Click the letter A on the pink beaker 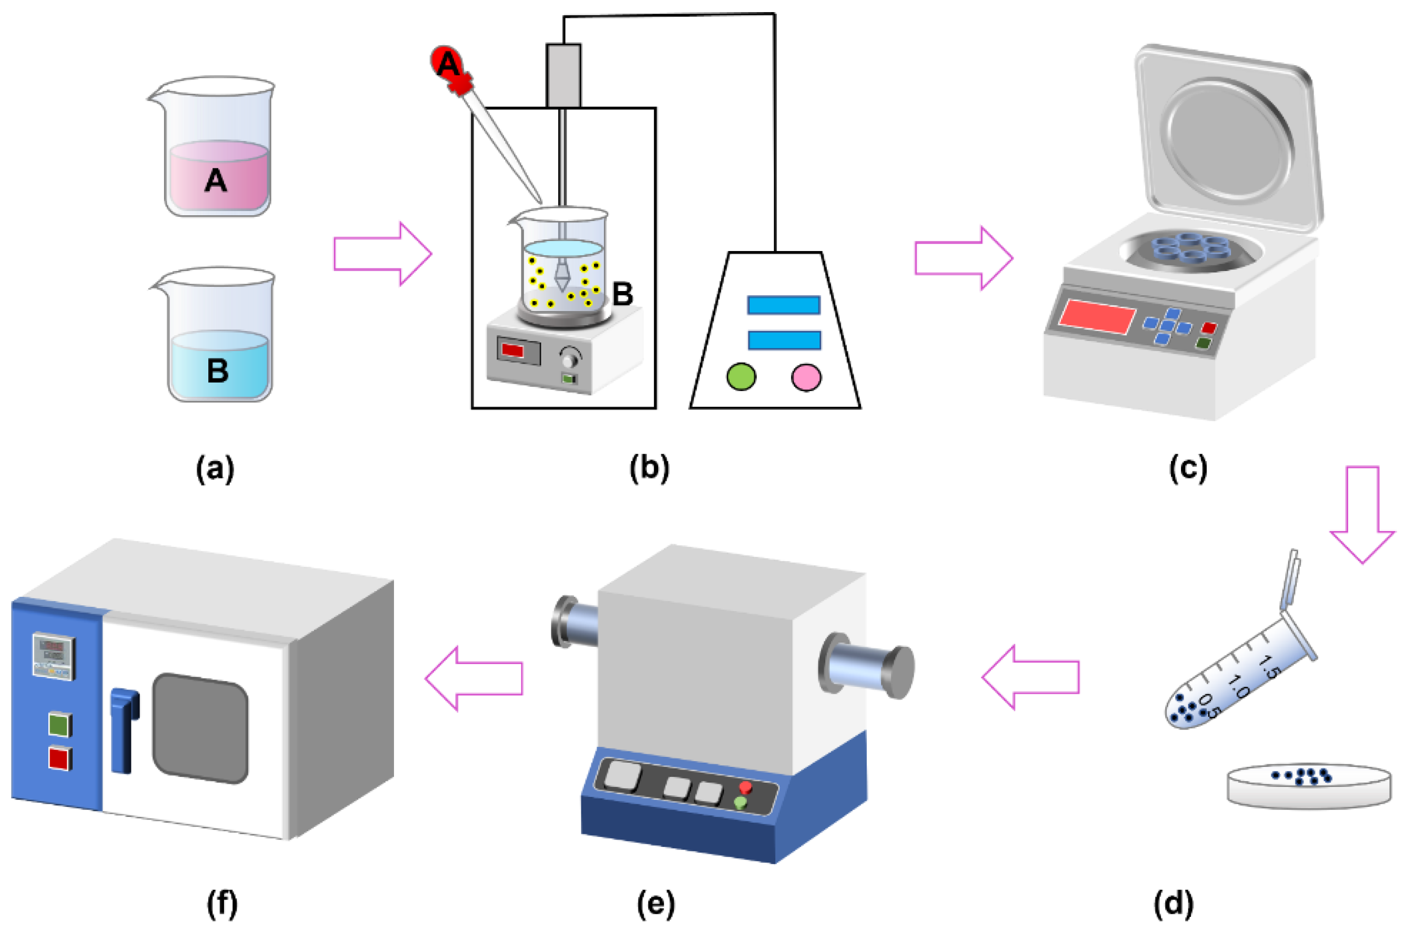(x=215, y=179)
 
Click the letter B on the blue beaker (x=218, y=370)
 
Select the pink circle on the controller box (x=806, y=377)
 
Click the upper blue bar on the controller (x=783, y=305)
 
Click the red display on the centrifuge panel (x=1097, y=316)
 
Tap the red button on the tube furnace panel (x=745, y=787)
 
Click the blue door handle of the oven (x=124, y=730)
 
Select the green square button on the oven (x=60, y=724)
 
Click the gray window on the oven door (x=200, y=728)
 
